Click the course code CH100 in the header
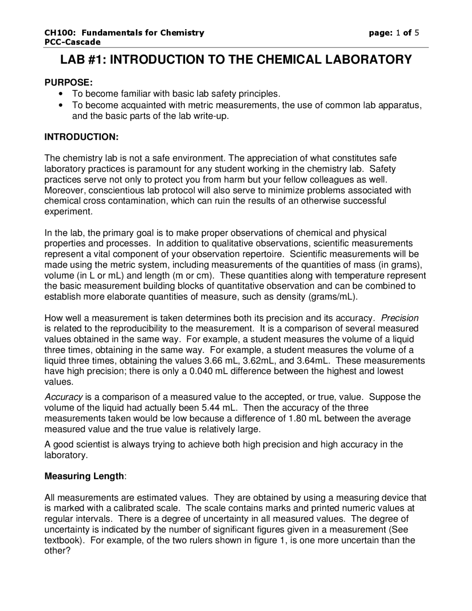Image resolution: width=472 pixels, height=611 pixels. pos(55,33)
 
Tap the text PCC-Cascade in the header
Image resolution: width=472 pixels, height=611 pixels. pos(72,42)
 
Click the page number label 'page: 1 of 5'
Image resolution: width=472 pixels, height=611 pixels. pos(394,33)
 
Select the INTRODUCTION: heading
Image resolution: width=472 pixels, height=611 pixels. pos(81,137)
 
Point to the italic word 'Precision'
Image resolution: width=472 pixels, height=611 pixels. pos(400,318)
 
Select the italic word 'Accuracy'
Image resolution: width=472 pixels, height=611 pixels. pos(63,397)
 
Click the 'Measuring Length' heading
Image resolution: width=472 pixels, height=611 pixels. pos(84,476)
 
